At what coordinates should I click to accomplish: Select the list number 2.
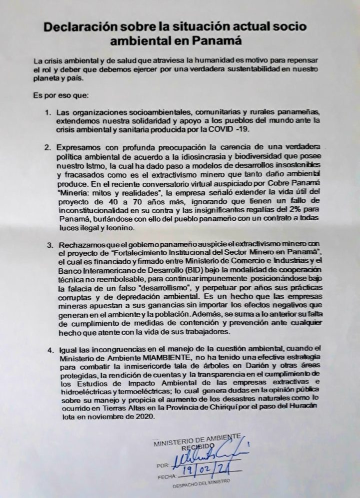(48, 148)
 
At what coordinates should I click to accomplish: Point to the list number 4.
(48, 349)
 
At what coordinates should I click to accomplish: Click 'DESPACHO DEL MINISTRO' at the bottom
(200, 486)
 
